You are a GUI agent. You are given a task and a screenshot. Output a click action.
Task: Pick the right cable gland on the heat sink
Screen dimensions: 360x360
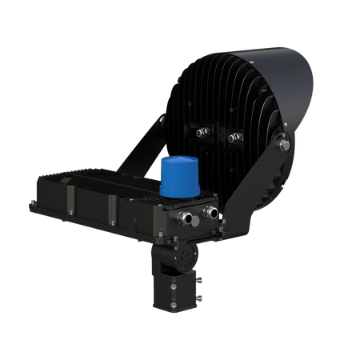[x=232, y=138]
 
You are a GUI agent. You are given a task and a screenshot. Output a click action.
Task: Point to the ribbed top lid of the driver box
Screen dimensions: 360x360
[x=96, y=176]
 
